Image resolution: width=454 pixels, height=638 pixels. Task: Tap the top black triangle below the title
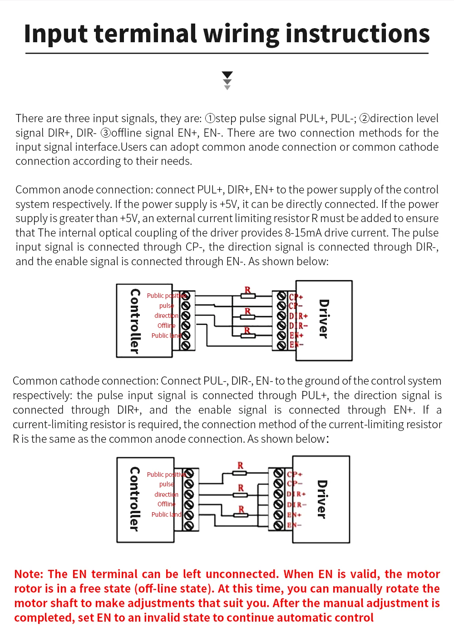pos(227,75)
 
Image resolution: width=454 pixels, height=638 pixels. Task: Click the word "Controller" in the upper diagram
pos(134,321)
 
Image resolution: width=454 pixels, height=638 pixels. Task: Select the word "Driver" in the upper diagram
pos(323,319)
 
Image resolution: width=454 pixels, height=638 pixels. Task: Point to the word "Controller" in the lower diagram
pos(134,499)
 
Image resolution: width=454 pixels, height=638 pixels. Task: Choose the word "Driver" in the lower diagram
pos(321,499)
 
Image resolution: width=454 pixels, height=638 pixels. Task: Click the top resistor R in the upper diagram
pos(248,296)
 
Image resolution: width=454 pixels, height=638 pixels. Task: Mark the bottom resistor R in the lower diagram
pos(241,514)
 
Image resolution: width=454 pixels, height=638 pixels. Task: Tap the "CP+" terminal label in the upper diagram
pos(296,297)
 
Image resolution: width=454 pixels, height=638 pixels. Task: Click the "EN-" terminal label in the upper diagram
pos(296,345)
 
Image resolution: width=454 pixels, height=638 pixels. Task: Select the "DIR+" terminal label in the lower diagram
pos(296,494)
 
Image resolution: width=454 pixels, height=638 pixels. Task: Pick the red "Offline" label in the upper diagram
pos(166,326)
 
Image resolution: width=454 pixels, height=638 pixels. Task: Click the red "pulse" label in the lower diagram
pos(166,484)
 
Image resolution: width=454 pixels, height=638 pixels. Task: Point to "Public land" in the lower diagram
pos(166,514)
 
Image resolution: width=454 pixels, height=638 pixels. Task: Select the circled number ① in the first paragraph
pos(210,119)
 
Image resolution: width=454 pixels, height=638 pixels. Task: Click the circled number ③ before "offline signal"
pos(105,133)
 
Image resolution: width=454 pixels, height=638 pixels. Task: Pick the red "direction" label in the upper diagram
pos(166,316)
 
